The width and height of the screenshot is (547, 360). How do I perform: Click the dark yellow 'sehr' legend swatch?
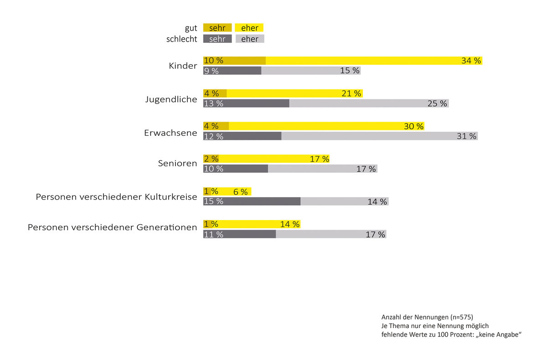coord(217,28)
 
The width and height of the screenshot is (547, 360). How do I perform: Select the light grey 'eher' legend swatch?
coord(250,39)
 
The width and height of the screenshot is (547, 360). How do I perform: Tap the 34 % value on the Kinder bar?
coord(471,61)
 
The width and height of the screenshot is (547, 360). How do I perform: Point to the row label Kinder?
coord(183,66)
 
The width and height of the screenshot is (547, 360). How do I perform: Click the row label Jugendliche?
coord(171,99)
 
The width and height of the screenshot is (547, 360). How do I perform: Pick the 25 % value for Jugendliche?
coord(437,103)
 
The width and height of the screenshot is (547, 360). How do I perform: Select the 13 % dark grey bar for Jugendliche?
coord(246,103)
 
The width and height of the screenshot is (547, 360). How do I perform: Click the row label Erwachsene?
coord(170,134)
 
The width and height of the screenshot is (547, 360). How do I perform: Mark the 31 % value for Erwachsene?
coord(466,136)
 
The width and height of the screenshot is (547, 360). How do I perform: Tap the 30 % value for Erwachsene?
coord(413,126)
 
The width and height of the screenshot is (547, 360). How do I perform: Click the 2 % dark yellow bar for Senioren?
coord(211,159)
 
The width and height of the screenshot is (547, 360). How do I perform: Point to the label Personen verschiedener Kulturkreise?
coord(117,197)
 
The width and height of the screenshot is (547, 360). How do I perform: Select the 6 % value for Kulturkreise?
coord(241,192)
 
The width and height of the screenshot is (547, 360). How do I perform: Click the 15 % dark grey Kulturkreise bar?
coord(252,201)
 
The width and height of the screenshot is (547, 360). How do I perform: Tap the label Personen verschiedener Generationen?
coord(113,227)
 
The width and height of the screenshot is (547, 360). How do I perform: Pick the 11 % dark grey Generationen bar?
coord(240,234)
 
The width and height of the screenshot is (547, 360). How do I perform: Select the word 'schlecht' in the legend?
coord(181,39)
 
